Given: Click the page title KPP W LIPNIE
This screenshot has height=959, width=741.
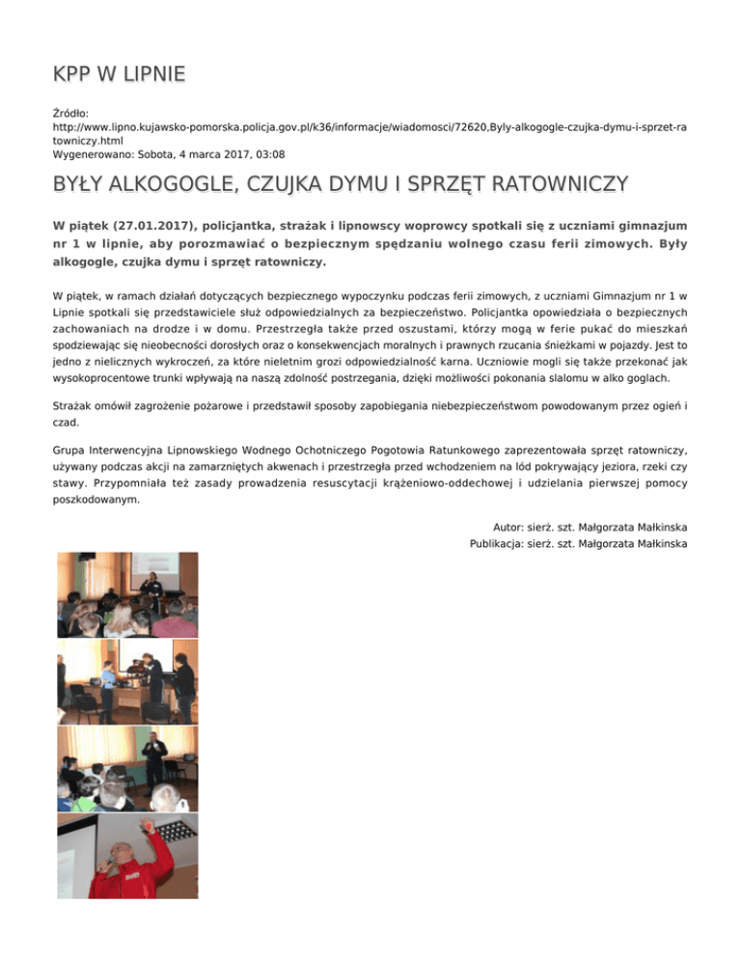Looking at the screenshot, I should (x=119, y=74).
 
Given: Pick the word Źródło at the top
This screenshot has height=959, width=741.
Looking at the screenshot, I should (x=70, y=113).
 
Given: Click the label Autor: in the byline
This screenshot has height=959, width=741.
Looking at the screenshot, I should (x=512, y=528).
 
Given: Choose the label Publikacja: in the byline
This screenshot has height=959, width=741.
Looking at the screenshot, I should (x=495, y=544).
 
